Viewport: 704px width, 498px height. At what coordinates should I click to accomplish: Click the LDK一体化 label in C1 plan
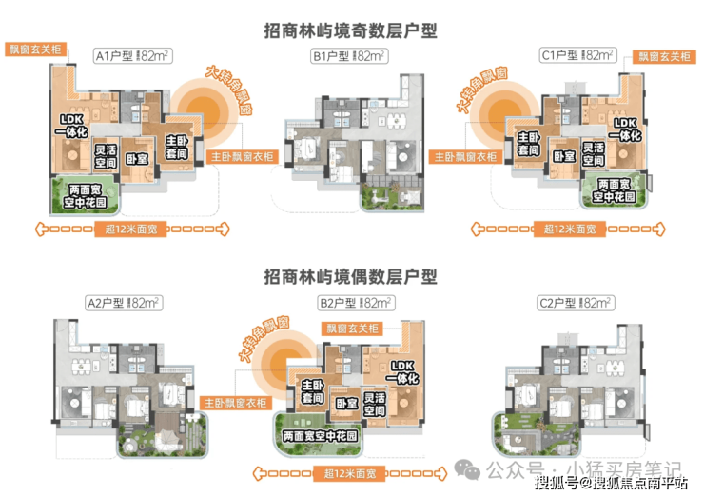[x=625, y=131]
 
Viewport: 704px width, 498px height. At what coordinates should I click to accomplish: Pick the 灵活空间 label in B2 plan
[x=374, y=404]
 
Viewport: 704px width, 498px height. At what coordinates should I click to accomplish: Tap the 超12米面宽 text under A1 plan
[x=131, y=229]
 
